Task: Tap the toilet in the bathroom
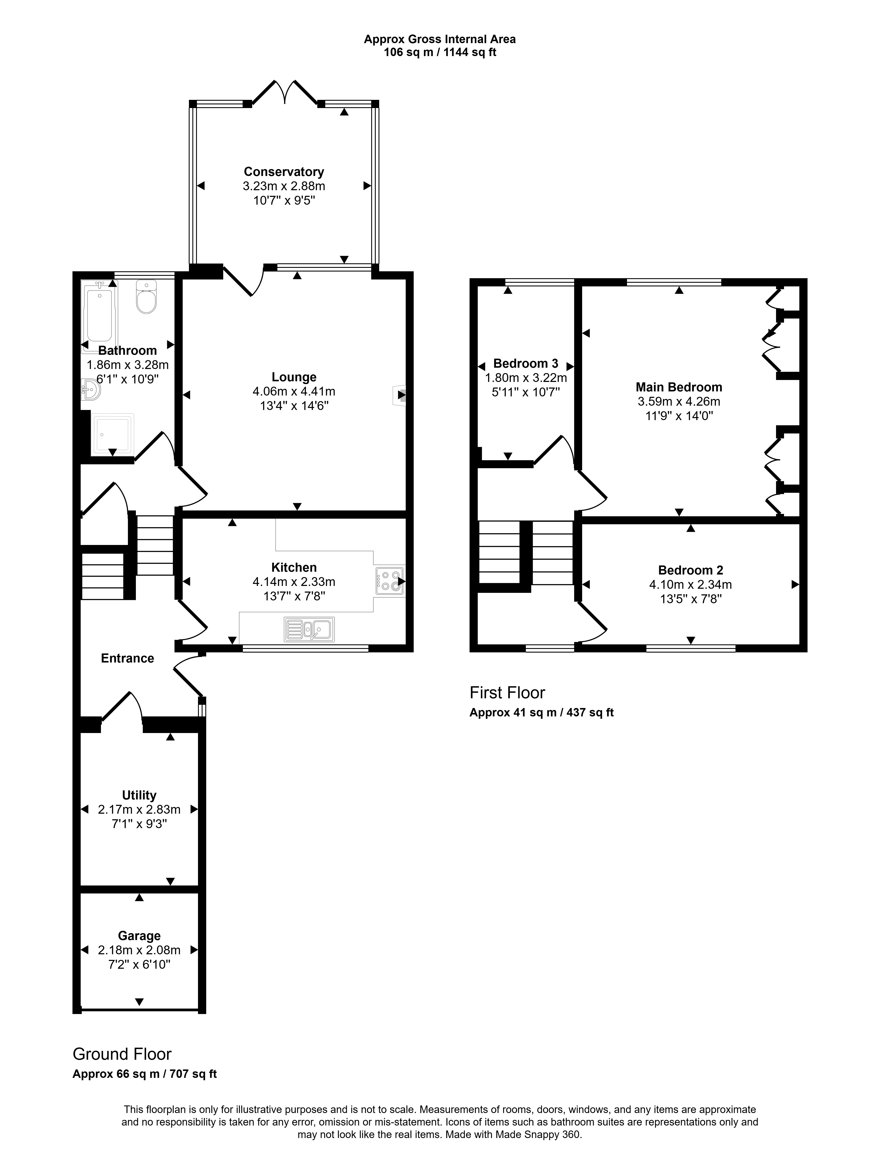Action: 146,297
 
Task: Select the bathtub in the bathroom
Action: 99,315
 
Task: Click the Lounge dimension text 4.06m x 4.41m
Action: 294,391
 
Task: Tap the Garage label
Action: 139,936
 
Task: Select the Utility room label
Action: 139,795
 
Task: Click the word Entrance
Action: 127,658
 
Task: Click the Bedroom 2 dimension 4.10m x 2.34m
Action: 690,584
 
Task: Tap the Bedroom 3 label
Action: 526,364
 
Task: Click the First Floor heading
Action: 507,693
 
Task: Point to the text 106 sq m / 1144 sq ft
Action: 440,52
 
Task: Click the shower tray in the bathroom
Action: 113,435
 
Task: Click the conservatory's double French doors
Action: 285,93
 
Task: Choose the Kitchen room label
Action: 294,567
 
